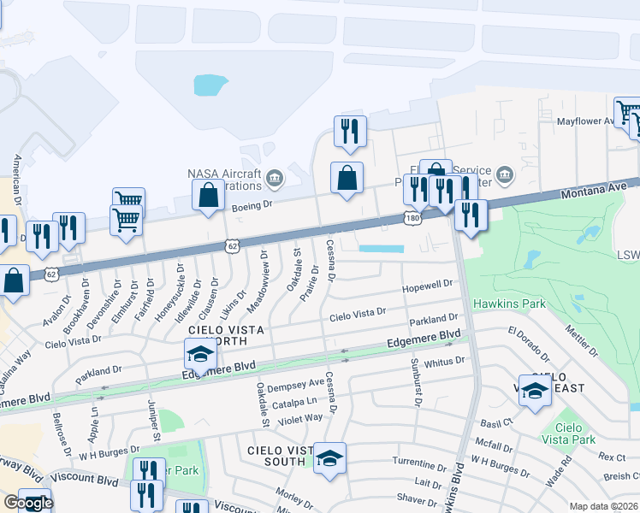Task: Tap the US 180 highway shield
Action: click(x=412, y=220)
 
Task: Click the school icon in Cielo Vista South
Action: click(x=329, y=459)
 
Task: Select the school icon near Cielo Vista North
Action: click(x=199, y=353)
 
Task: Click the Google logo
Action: click(x=28, y=503)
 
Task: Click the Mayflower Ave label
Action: click(x=586, y=121)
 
